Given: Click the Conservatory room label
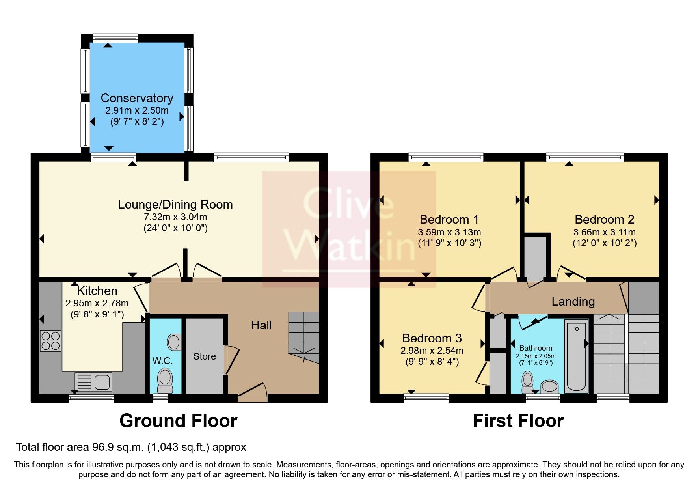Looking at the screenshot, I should click(137, 98).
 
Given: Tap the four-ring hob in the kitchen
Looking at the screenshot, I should click(51, 341).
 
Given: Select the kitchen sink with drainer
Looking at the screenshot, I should click(93, 381).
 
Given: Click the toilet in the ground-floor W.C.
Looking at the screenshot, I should click(165, 380).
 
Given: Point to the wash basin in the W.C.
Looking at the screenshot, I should click(174, 342).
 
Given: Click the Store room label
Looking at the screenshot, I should click(205, 356).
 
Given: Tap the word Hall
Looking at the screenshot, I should click(261, 325).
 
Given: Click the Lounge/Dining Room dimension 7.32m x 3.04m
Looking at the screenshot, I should click(175, 217).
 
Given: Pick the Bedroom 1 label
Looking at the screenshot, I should click(449, 219).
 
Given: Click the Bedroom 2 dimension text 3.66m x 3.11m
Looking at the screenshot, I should click(604, 232).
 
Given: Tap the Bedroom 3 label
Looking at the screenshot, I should click(432, 338).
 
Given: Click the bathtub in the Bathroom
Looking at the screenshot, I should click(577, 356).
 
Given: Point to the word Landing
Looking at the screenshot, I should click(573, 302).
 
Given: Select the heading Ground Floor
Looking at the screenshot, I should click(178, 421).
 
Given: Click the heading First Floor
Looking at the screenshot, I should click(518, 421).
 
